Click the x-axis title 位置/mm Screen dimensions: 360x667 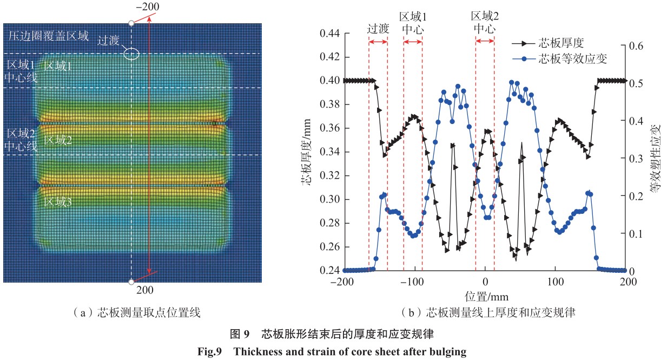[486, 296]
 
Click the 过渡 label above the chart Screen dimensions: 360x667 [378, 29]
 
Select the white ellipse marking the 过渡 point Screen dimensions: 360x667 [131, 54]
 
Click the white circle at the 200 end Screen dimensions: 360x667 [131, 282]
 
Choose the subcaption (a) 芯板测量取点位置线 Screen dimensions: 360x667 [131, 312]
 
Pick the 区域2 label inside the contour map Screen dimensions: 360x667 [57, 140]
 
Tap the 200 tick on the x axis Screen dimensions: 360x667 [628, 282]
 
